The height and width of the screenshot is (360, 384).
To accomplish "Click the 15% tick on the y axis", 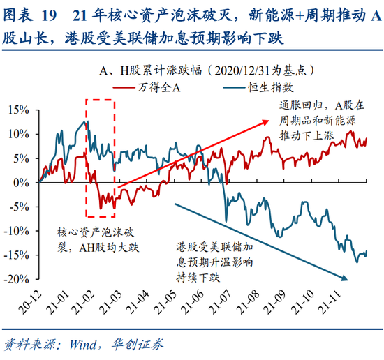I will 20,110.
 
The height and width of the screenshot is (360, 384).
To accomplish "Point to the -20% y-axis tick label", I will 17,279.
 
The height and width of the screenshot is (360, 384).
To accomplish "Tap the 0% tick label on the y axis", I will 22,182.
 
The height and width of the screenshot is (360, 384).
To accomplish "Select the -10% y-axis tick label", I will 17,231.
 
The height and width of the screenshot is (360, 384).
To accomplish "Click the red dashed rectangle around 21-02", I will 100,158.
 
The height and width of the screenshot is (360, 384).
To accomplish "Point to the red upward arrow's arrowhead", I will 266,123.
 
